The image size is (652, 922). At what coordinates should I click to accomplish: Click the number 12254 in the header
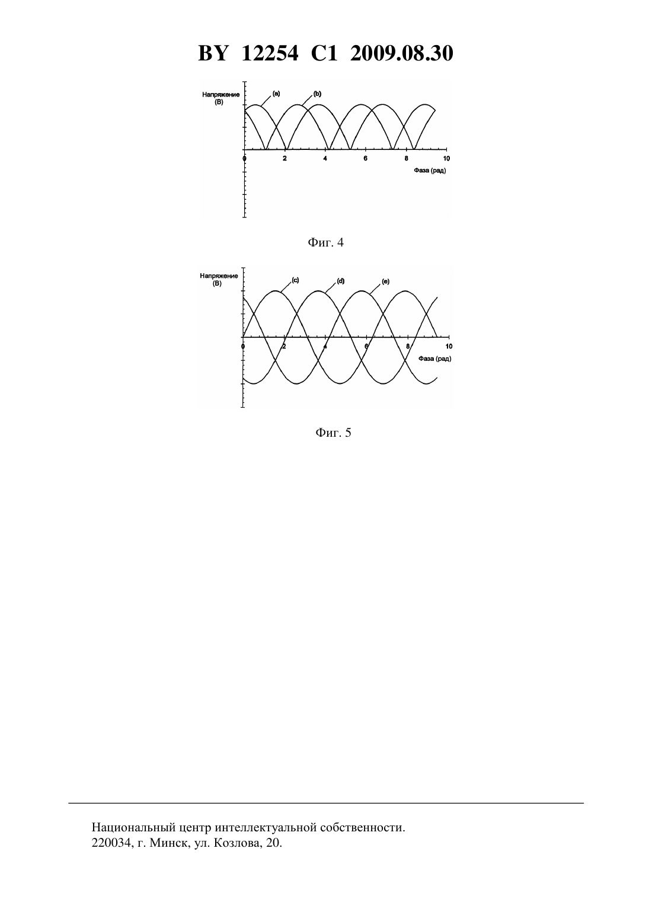[270, 53]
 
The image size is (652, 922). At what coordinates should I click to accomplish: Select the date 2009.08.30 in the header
[402, 53]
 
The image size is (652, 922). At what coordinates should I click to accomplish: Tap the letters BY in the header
[213, 53]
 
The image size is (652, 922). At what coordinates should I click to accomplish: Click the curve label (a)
[276, 94]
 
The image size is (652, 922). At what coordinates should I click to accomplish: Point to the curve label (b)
[317, 94]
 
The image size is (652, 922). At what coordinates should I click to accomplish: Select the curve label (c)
[295, 280]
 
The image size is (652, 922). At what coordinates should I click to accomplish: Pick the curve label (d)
[340, 281]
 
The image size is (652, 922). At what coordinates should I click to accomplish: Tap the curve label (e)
[385, 281]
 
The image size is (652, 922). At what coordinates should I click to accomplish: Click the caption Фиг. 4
[325, 242]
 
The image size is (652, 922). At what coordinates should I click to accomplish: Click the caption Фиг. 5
[333, 433]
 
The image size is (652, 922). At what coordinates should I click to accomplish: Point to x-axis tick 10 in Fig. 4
[446, 158]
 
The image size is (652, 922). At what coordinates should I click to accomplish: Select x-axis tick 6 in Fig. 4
[365, 158]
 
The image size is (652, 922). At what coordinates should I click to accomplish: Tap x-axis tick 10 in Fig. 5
[449, 346]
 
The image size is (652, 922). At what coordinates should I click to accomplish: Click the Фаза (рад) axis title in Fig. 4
[430, 171]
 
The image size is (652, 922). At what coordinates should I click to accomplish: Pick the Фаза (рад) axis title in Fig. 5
[434, 358]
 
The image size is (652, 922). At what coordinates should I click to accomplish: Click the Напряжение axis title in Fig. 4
[220, 94]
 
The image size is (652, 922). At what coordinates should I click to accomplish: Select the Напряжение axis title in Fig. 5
[219, 276]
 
